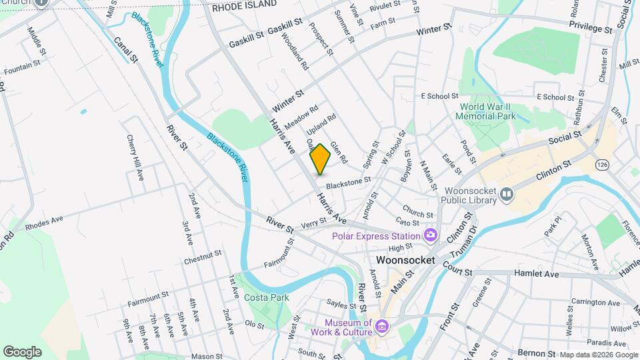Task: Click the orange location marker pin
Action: point(320,159)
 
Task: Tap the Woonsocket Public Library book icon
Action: point(507,194)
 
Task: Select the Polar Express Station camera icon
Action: point(430,235)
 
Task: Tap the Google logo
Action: point(22,351)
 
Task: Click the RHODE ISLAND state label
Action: point(244,5)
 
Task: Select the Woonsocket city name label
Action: point(405,260)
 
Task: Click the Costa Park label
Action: point(262,297)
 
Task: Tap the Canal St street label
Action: point(125,50)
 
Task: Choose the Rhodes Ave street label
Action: point(44,222)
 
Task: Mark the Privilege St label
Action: point(590,30)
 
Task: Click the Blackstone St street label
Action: point(347,182)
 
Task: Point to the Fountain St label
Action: point(25,67)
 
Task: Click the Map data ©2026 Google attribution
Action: point(598,355)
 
